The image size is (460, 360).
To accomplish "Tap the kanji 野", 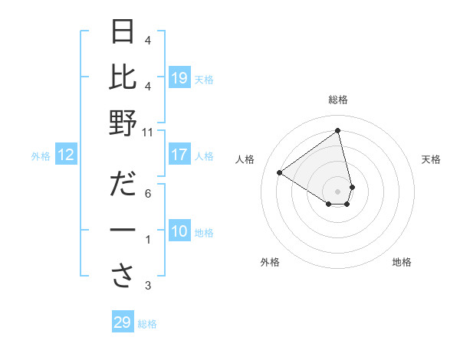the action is coord(123,123).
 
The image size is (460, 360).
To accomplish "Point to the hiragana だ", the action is coord(123,185).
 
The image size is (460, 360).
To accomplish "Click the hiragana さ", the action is coord(123,278).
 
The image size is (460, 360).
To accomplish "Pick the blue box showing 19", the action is coord(179,78).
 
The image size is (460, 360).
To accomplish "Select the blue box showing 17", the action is coord(179,155).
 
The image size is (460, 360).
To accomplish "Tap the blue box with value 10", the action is coord(179,231).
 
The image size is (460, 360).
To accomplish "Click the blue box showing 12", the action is coord(65,155).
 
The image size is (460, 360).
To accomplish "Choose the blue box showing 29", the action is coord(122,322).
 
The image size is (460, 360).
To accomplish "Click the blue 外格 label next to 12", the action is coord(41,156).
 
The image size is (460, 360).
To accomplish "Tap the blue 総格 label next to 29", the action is coord(147,324).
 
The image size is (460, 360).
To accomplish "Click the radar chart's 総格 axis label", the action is coord(337,100).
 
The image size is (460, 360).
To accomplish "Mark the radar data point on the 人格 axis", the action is coord(280,172).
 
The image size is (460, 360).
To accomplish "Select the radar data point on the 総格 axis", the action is coord(337,130).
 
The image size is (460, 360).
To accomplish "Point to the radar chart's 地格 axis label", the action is coord(402,262).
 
